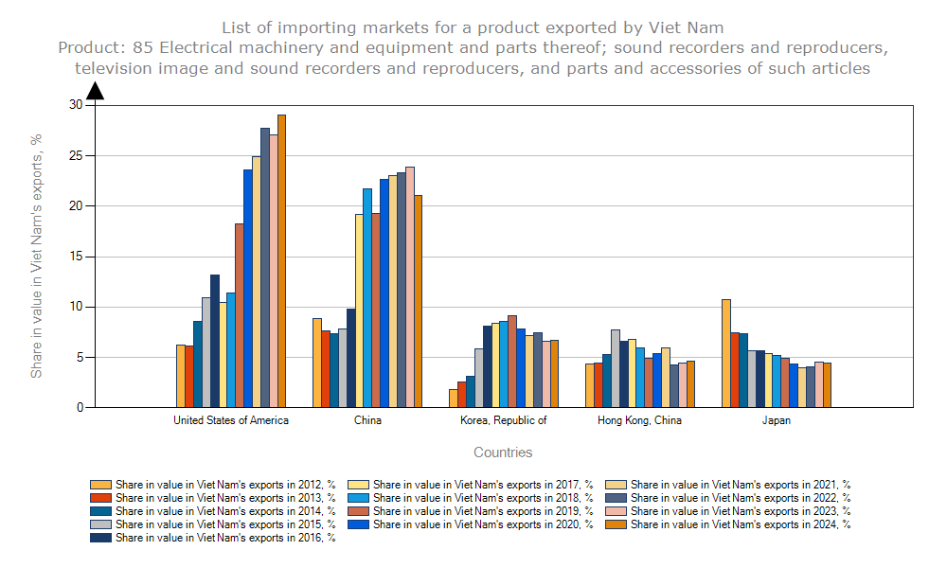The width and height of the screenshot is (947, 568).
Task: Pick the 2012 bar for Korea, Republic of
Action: (x=454, y=399)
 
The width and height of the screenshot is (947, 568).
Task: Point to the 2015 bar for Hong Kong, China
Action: (x=616, y=368)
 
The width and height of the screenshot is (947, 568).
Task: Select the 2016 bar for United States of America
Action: (x=215, y=341)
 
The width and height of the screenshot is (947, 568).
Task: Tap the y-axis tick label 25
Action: (x=76, y=155)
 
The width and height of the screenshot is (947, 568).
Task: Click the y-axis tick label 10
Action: (x=76, y=307)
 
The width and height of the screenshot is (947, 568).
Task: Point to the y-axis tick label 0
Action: (x=80, y=408)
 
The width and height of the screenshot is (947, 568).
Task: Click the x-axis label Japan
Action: (x=777, y=420)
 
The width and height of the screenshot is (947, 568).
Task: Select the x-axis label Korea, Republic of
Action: (x=504, y=420)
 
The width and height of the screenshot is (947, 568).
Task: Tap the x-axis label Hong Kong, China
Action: (x=640, y=420)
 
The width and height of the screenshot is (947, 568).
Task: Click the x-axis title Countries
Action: (x=503, y=453)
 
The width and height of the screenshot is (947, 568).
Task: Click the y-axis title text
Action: (x=37, y=256)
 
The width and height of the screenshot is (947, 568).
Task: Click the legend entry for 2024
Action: (x=740, y=524)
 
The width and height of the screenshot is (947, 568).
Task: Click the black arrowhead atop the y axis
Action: (x=95, y=91)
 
